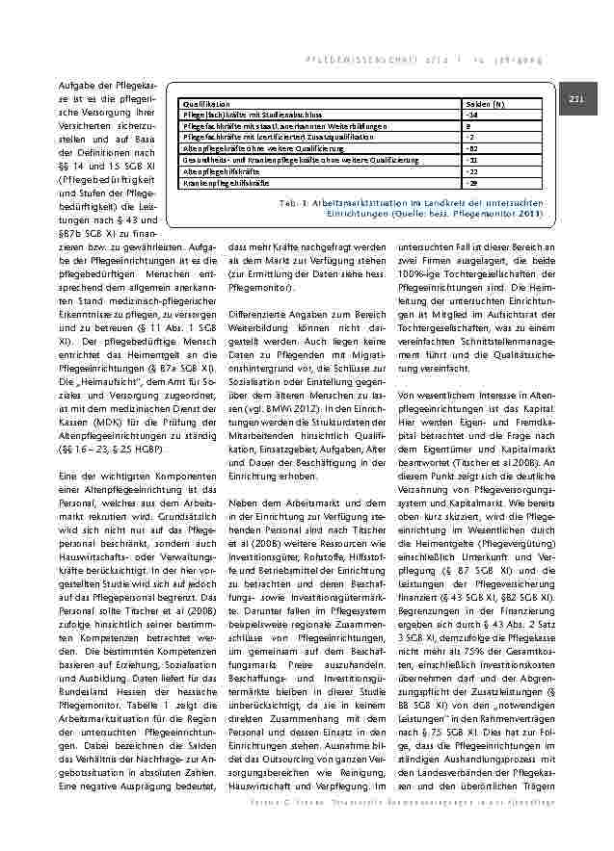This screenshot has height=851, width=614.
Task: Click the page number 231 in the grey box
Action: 577,99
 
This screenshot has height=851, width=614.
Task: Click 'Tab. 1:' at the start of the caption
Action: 292,204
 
